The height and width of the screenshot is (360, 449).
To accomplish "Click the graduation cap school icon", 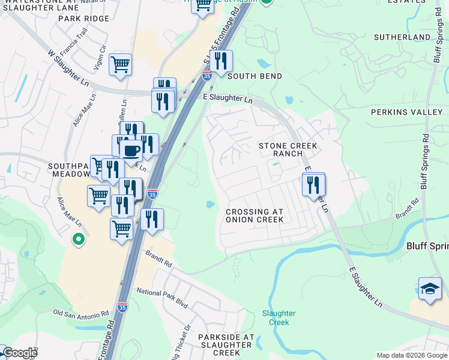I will tap(430, 289).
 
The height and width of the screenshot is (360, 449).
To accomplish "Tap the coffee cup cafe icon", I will tap(130, 150).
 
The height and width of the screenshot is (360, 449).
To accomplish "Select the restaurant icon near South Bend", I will tap(221, 62).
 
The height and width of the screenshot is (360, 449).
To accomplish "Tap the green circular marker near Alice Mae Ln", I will tap(77, 240).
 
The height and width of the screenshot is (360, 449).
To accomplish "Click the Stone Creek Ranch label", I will tap(288, 149).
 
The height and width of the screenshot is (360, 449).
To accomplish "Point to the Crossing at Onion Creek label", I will tap(254, 215).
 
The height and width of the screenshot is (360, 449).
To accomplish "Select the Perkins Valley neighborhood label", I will tap(406, 112).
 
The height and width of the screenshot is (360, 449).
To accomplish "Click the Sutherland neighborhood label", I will tap(402, 37).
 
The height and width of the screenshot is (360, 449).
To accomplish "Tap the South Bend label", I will tap(254, 76).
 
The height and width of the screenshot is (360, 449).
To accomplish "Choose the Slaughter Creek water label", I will tap(279, 317).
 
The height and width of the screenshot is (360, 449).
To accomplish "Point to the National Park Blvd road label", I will tap(162, 298).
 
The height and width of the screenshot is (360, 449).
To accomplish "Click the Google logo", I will tap(20, 353).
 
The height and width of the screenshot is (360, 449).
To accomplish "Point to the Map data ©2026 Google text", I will tap(411, 355).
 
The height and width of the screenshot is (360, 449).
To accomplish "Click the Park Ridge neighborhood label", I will tap(84, 19).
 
